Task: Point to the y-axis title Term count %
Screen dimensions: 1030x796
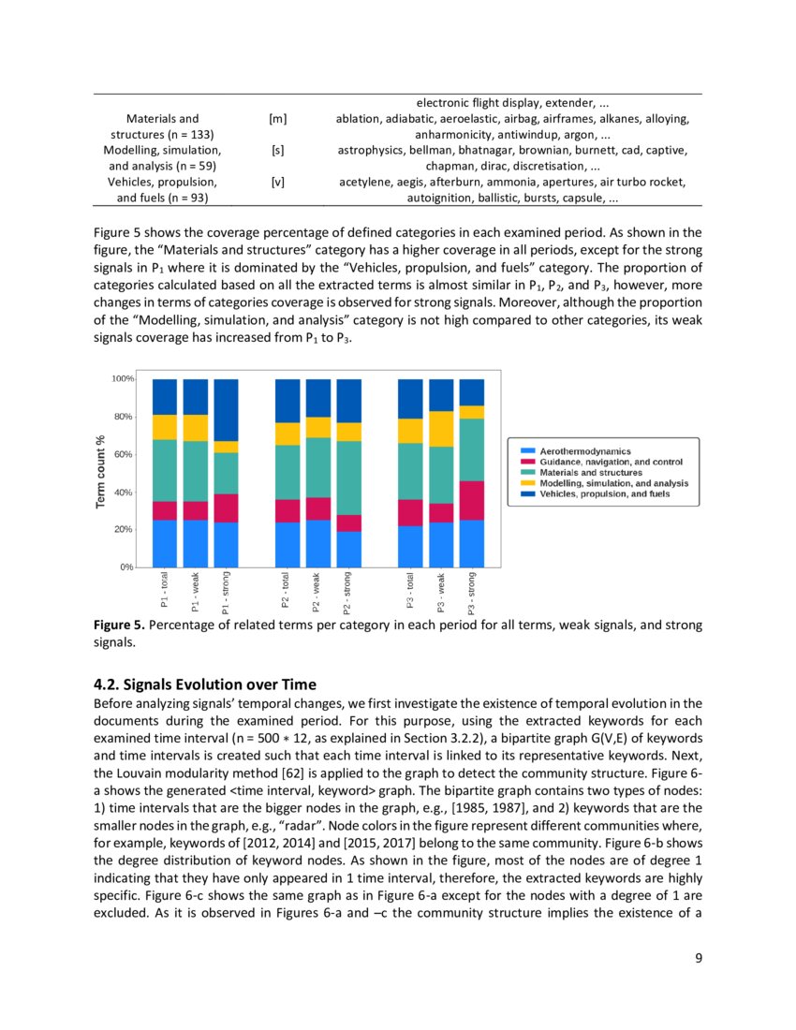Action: pos(99,472)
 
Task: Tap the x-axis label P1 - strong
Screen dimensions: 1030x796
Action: pos(226,595)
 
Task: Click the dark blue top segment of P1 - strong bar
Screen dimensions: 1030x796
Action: pos(226,409)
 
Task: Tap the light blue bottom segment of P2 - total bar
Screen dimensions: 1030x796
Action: pos(287,545)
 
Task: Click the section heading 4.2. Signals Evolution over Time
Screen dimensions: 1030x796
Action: pos(205,684)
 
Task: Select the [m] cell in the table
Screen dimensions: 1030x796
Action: pos(277,119)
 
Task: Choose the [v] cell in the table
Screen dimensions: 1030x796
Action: pos(277,182)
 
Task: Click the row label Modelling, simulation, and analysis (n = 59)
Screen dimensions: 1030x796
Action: pos(162,157)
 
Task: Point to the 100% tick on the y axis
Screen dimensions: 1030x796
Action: pos(122,379)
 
